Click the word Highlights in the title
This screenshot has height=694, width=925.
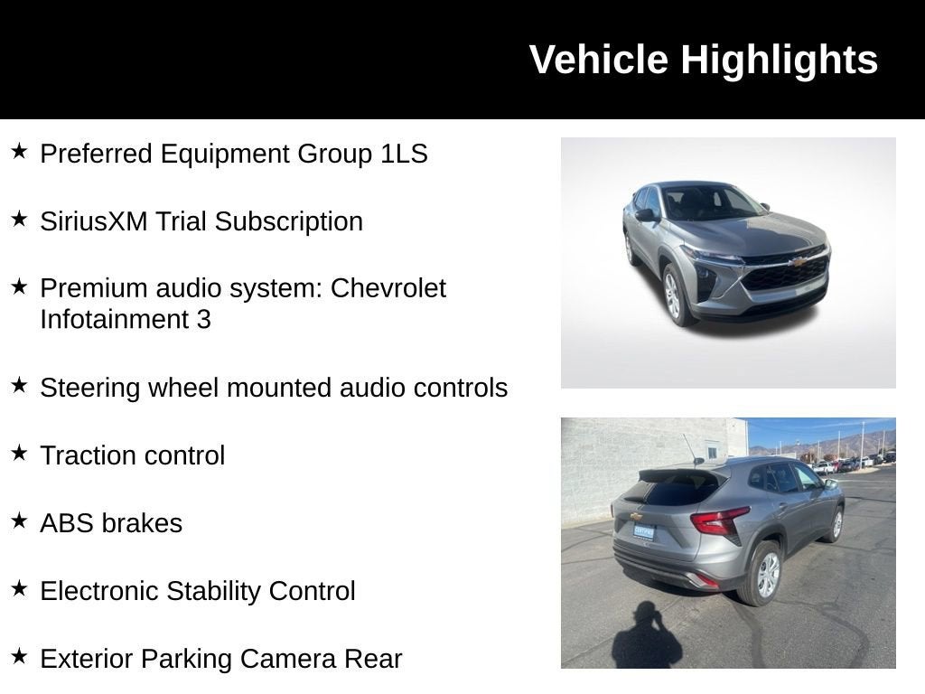779,61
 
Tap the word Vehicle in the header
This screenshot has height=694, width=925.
599,60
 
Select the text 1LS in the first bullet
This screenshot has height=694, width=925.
403,154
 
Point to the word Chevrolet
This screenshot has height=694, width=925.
388,288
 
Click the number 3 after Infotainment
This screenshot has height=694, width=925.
203,320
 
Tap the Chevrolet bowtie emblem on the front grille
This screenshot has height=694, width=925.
798,262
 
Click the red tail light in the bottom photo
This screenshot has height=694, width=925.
720,521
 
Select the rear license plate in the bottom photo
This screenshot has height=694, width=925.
643,531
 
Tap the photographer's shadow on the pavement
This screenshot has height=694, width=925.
645,638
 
